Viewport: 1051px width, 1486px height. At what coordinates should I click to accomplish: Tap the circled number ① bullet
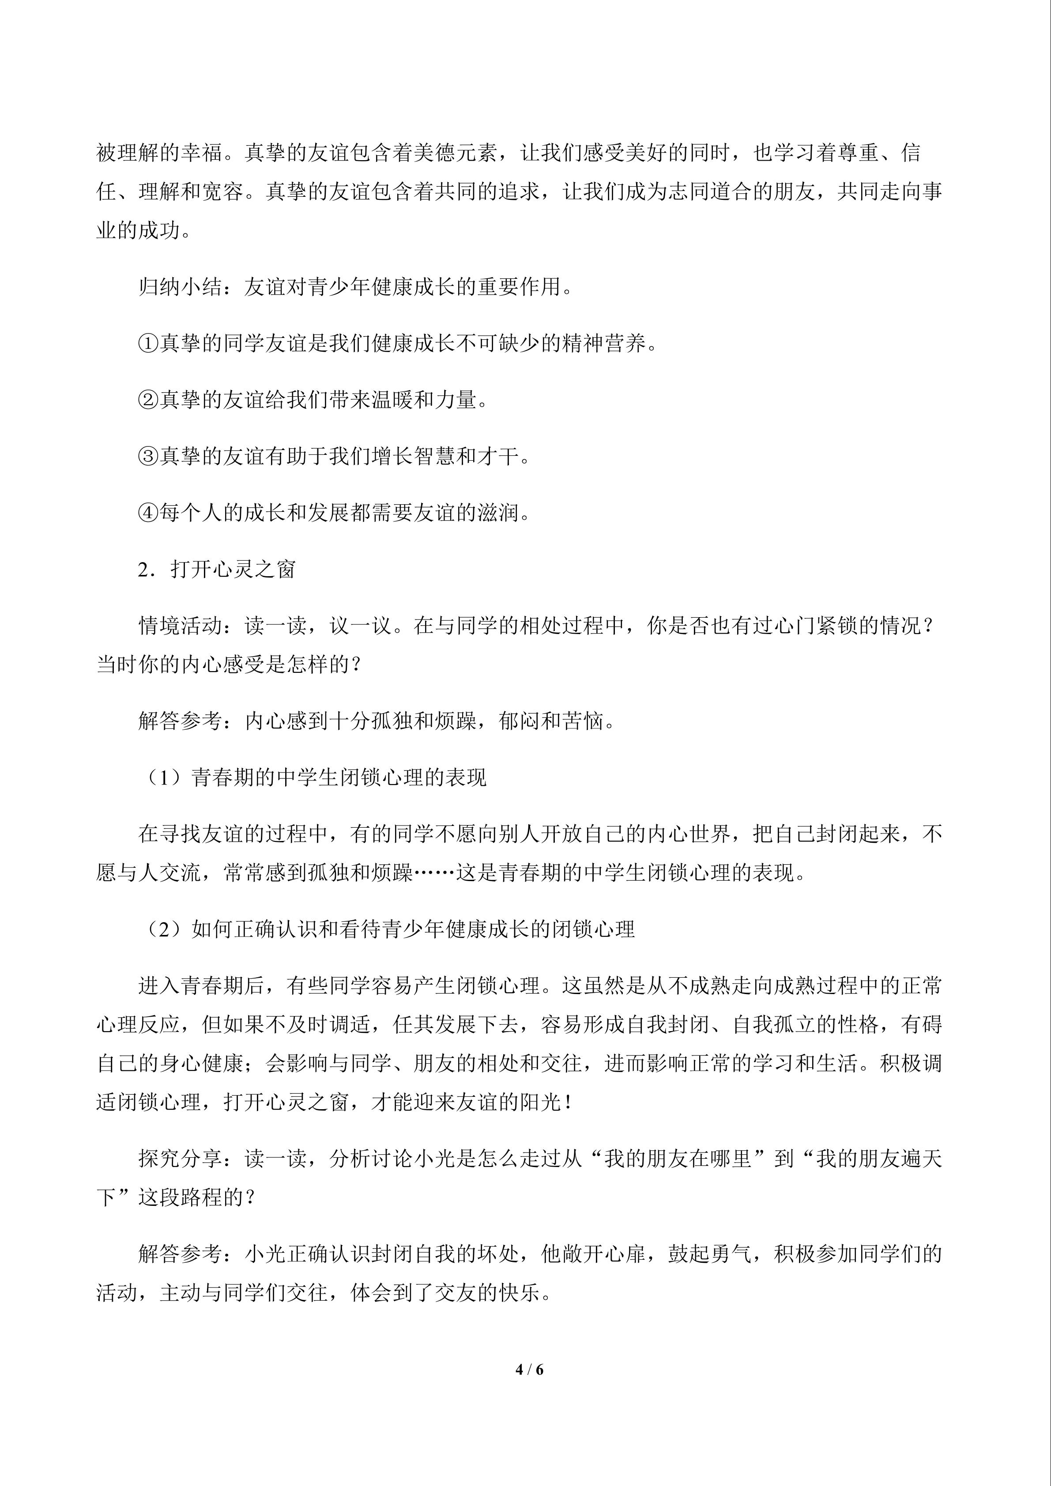pos(148,344)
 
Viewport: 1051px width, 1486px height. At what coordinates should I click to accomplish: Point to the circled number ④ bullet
pos(148,513)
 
